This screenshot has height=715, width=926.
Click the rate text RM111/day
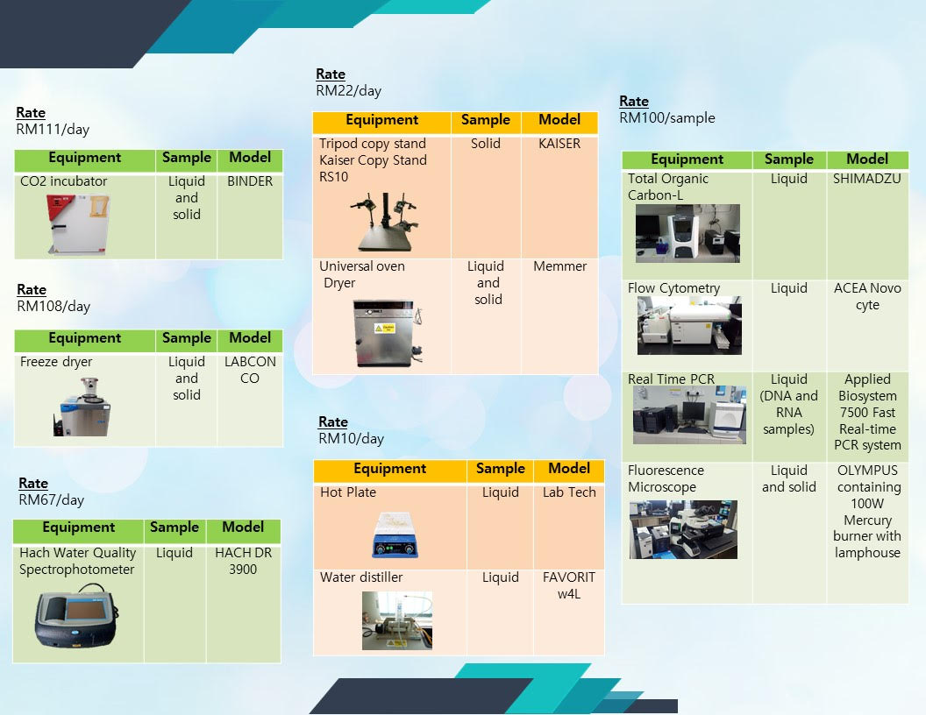pos(53,129)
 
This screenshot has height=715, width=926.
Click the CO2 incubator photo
pos(77,225)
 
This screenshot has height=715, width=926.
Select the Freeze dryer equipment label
pos(56,362)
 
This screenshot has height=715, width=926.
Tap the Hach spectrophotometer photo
pos(76,615)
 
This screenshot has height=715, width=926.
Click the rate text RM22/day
pos(348,91)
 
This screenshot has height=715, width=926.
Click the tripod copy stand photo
pos(384,222)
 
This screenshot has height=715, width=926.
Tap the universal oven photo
pos(388,333)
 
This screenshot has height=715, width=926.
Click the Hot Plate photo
pos(395,534)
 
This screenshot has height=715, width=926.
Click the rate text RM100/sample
pos(666,118)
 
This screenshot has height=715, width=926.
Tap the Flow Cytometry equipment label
pos(673,288)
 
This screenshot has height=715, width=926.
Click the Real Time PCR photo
pos(689,414)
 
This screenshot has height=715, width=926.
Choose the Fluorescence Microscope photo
pos(683,530)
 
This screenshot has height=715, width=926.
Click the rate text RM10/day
pos(351,438)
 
